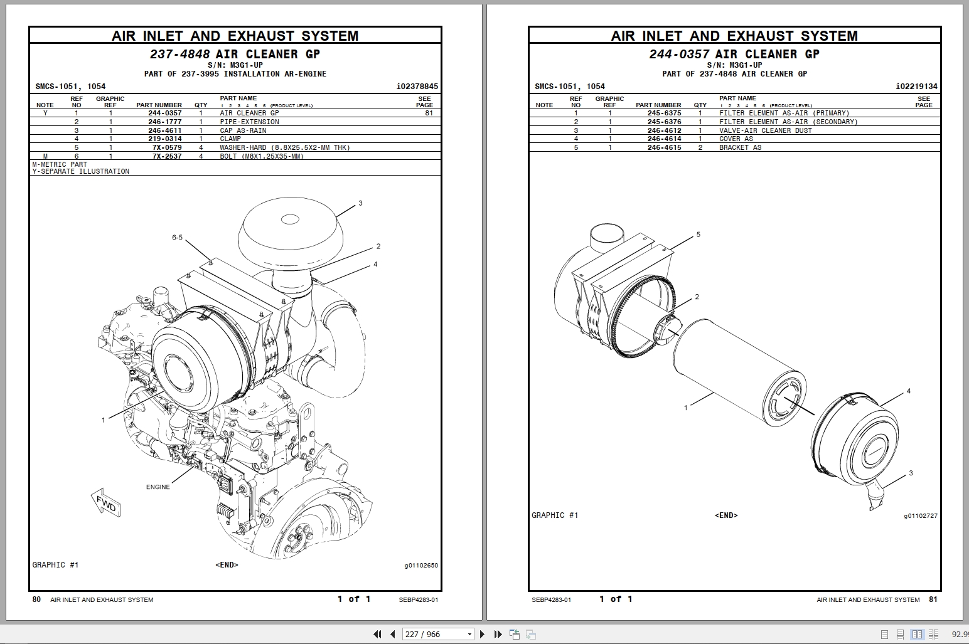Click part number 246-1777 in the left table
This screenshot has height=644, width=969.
[165, 122]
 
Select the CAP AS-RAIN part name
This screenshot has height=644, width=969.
[243, 130]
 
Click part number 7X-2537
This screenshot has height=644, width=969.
[167, 156]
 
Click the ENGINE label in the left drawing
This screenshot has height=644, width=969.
[158, 487]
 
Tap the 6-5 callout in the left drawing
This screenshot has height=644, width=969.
[177, 238]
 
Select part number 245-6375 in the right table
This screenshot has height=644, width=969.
[664, 113]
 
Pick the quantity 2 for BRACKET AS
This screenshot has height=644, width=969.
[700, 147]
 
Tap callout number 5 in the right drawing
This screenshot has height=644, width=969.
[698, 235]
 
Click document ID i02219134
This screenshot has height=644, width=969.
[916, 87]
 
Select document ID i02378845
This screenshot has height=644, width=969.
[417, 87]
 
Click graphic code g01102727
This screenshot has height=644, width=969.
[920, 516]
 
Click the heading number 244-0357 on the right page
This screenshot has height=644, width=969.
[679, 55]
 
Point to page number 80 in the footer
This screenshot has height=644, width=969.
[36, 599]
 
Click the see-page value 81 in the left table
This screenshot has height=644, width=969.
[429, 113]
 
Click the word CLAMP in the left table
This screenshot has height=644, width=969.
[230, 139]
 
